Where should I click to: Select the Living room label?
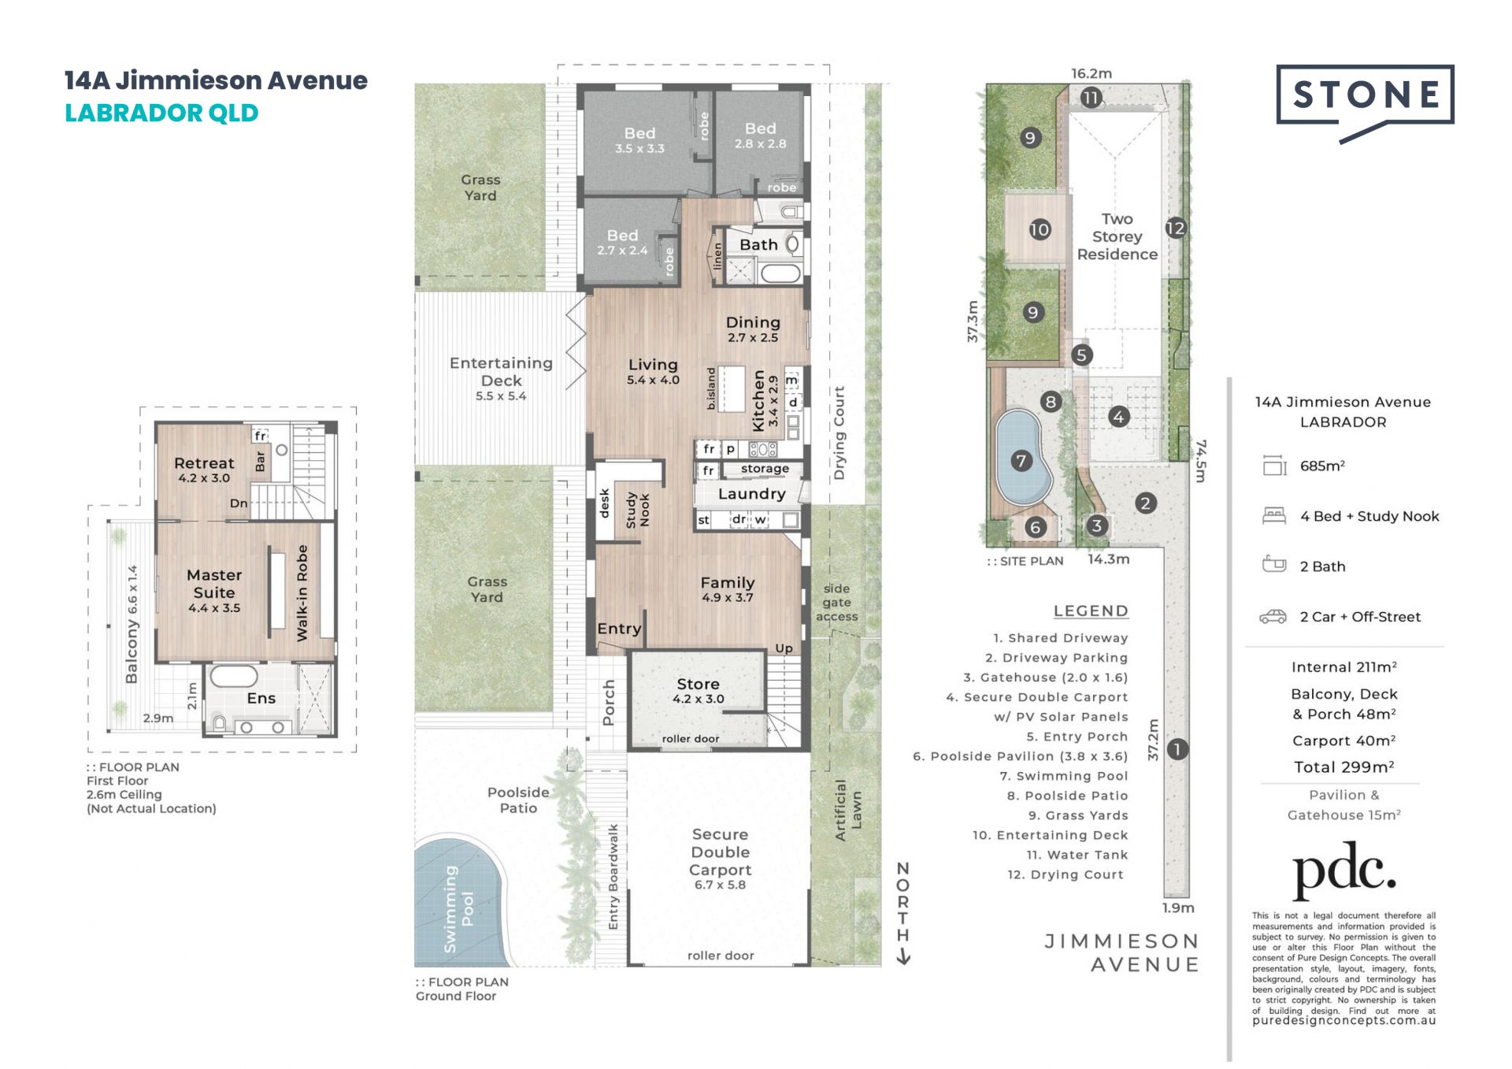coord(653,371)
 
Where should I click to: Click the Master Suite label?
coord(214,591)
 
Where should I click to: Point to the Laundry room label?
coord(751,494)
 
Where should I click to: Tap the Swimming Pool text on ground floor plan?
coord(459,909)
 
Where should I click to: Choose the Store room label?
coord(698,690)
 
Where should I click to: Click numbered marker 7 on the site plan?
coord(1021,461)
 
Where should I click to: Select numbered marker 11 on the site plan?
coord(1091,98)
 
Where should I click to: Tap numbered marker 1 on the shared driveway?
coord(1177,748)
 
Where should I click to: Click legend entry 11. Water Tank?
coord(1077,855)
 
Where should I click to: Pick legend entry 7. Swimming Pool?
coord(1064,776)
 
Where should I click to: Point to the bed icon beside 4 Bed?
coord(1273,516)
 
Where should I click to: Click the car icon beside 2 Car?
coord(1273,617)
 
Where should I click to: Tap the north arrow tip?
coord(904,963)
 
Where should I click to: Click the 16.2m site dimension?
coord(1091,73)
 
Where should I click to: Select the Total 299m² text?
coord(1344,766)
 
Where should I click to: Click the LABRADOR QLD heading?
coord(161,113)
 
